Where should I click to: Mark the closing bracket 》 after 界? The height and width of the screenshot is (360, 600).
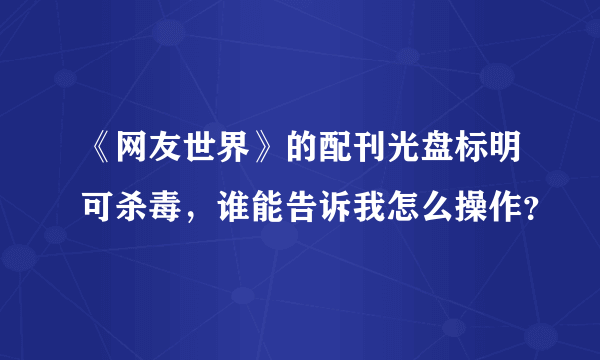(267, 154)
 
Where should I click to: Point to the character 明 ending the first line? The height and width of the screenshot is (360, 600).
(504, 154)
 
